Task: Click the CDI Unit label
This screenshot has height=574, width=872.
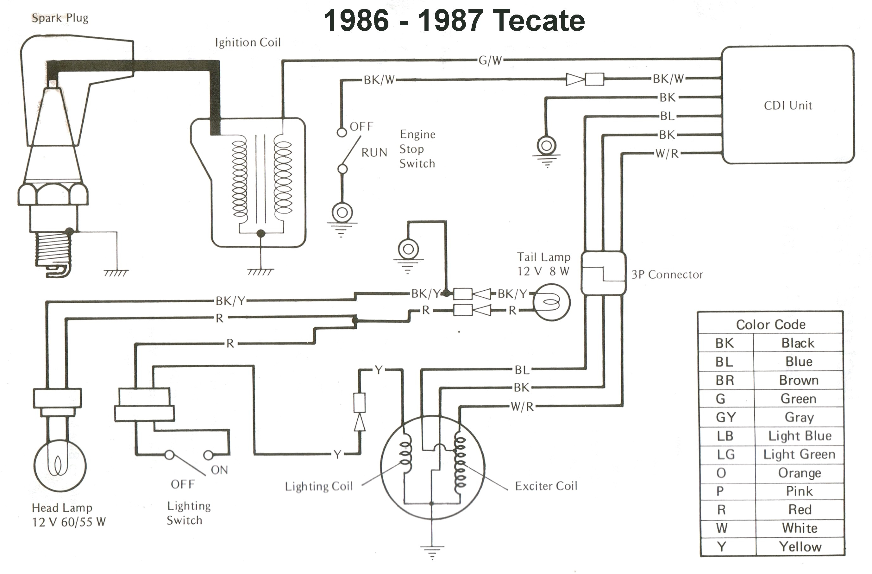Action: (788, 105)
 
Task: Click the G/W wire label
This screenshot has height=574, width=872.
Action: (490, 60)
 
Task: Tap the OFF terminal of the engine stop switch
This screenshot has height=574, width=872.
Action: (342, 132)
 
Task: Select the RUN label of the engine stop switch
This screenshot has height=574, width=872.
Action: (374, 153)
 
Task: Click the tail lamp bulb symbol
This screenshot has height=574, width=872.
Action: (551, 302)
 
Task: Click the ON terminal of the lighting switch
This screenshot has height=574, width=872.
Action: (208, 455)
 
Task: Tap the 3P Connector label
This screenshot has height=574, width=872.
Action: (667, 274)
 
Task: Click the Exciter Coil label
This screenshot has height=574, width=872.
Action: (546, 486)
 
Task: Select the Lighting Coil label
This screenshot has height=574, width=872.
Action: (319, 486)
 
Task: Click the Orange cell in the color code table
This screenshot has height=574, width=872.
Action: (799, 473)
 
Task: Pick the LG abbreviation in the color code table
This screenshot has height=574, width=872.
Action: (725, 455)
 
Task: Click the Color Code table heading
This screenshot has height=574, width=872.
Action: (770, 325)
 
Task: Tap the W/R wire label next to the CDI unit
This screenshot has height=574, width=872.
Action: (667, 154)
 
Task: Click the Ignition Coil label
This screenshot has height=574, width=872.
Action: (248, 42)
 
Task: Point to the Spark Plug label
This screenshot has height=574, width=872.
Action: (60, 18)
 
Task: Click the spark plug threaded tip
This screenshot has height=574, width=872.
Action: (53, 249)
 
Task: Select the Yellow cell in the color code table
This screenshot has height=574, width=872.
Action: (800, 546)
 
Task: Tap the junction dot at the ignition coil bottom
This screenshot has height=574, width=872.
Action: (260, 233)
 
